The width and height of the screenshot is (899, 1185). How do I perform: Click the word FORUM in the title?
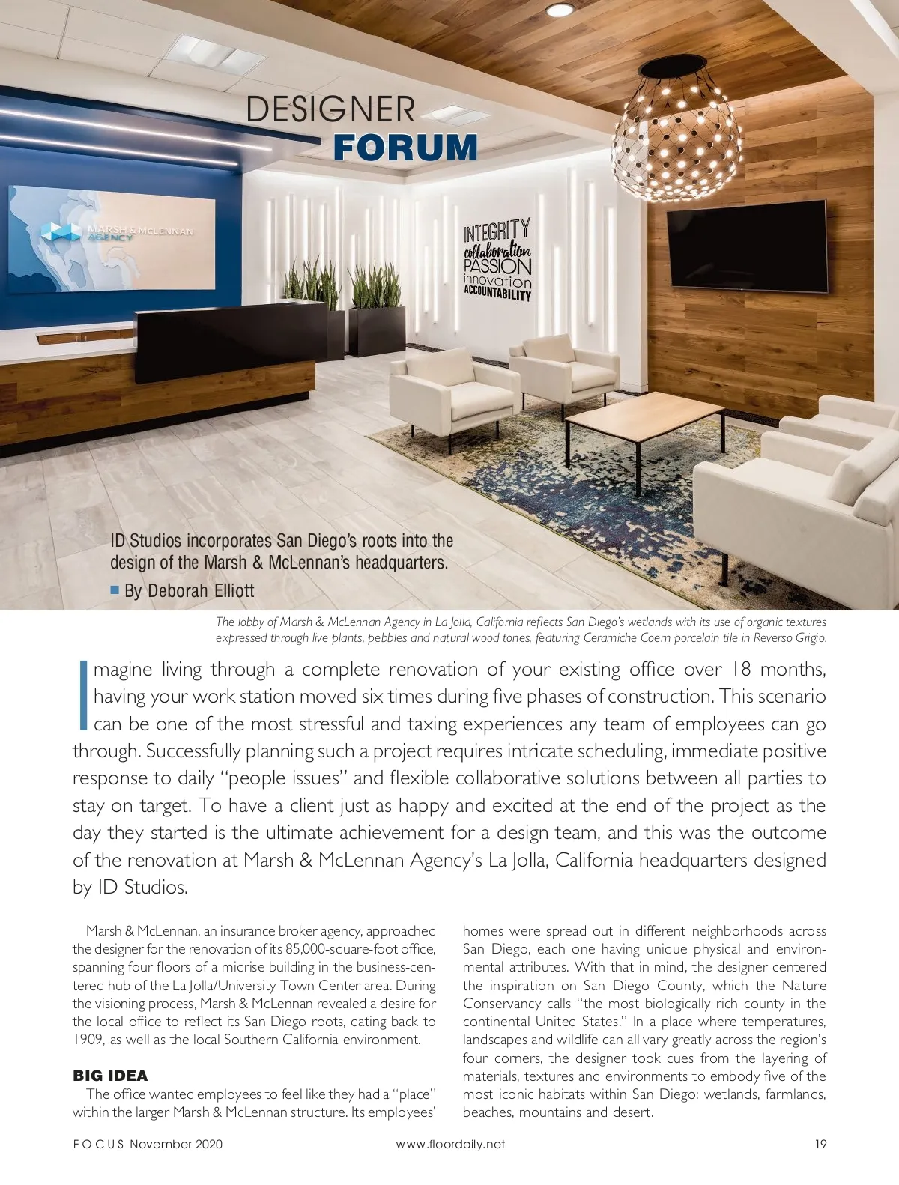pos(405,147)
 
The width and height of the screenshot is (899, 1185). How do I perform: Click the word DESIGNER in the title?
pos(330,109)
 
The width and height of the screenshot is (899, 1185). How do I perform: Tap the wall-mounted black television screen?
pos(746,245)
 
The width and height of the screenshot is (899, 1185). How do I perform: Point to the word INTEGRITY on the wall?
pos(497,229)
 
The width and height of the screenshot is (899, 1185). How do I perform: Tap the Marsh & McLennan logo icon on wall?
pos(61,231)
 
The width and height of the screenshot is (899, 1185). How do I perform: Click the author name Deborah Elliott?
pos(200,591)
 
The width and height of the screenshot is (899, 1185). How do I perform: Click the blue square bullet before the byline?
pos(115,590)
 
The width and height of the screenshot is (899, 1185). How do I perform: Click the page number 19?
pos(820,1144)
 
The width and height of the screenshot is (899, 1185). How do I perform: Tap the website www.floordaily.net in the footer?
pos(449,1144)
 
